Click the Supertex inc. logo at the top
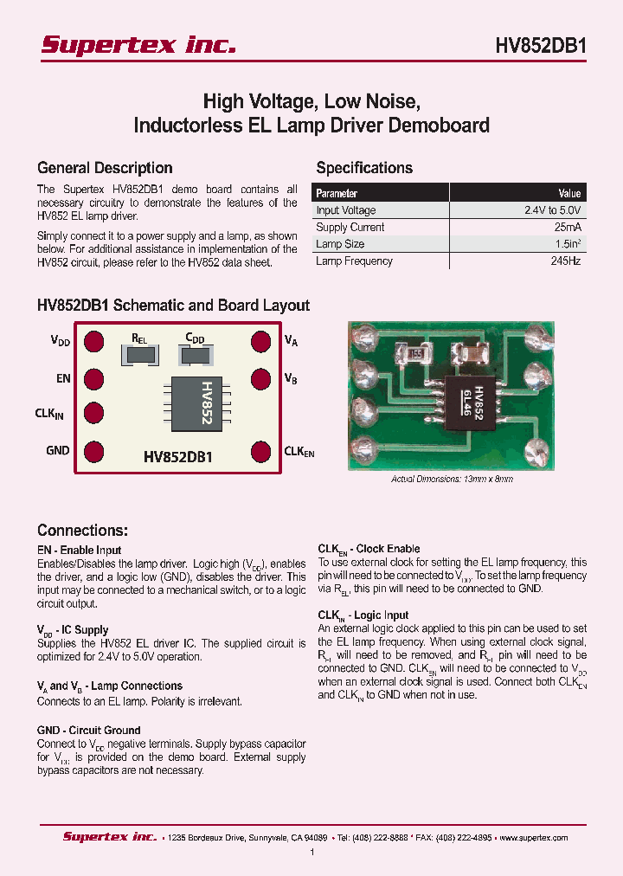[x=138, y=45]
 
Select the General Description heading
[x=105, y=168]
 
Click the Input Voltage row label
[x=346, y=210]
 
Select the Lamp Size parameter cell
[x=340, y=244]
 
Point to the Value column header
[x=569, y=193]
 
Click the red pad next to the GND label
[x=93, y=450]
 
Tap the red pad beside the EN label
[x=93, y=378]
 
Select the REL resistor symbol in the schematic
[x=141, y=354]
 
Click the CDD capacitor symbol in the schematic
[x=196, y=354]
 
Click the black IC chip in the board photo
[x=473, y=405]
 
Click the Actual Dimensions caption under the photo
[x=452, y=479]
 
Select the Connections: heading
[x=83, y=531]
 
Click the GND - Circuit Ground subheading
[x=89, y=730]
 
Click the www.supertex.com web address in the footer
[x=534, y=837]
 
